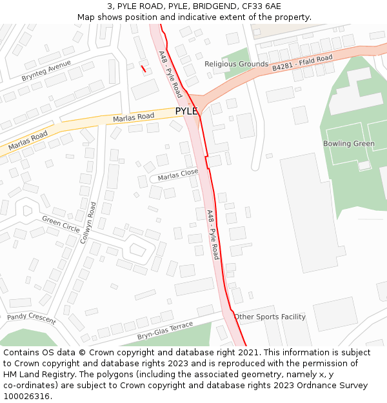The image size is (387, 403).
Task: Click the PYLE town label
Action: click(186, 111)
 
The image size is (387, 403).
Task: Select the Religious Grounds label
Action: click(236, 64)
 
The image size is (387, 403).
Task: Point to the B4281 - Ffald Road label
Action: click(302, 63)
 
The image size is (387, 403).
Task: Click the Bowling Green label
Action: click(348, 143)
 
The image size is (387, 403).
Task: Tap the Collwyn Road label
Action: click(88, 222)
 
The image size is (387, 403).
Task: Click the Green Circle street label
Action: click(61, 224)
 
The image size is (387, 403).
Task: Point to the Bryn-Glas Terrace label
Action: click(165, 331)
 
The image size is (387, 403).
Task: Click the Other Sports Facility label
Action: click(270, 317)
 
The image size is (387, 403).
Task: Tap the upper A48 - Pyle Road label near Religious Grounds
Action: click(170, 75)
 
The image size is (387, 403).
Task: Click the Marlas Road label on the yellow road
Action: click(134, 117)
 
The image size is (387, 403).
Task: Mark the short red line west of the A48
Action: click(143, 68)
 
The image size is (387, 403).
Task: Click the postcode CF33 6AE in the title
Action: click(263, 6)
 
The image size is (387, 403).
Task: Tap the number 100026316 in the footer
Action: click(26, 396)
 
